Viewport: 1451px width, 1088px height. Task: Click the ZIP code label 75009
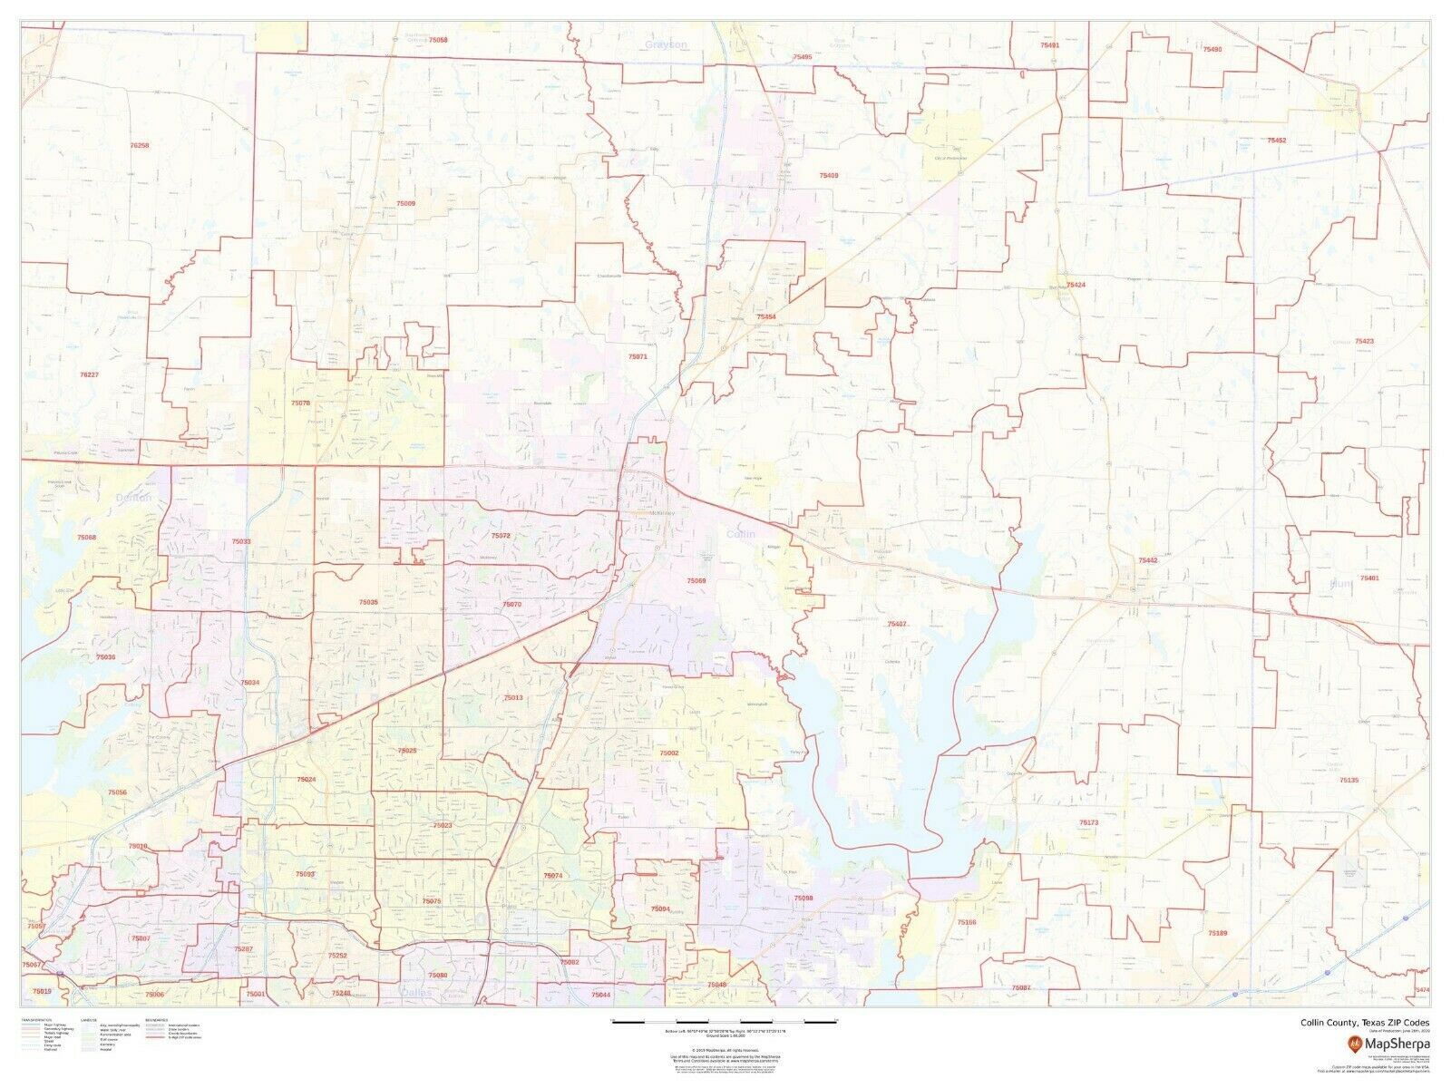[405, 204]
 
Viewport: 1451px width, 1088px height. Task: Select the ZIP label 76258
[139, 145]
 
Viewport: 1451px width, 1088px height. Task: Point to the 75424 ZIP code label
[1076, 285]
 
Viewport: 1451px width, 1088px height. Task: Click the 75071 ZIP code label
[638, 357]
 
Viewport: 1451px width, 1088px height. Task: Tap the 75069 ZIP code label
[696, 580]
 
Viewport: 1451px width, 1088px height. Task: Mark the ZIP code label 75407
[897, 624]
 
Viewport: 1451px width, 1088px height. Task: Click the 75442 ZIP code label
[1148, 561]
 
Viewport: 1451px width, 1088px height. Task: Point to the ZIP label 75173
[1088, 821]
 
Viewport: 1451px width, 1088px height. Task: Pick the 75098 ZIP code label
[803, 898]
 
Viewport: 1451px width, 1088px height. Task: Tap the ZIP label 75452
[1277, 141]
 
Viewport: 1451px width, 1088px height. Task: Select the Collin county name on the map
[741, 534]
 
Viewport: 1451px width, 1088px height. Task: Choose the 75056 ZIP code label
[118, 792]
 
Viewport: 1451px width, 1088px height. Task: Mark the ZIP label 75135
[1349, 781]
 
